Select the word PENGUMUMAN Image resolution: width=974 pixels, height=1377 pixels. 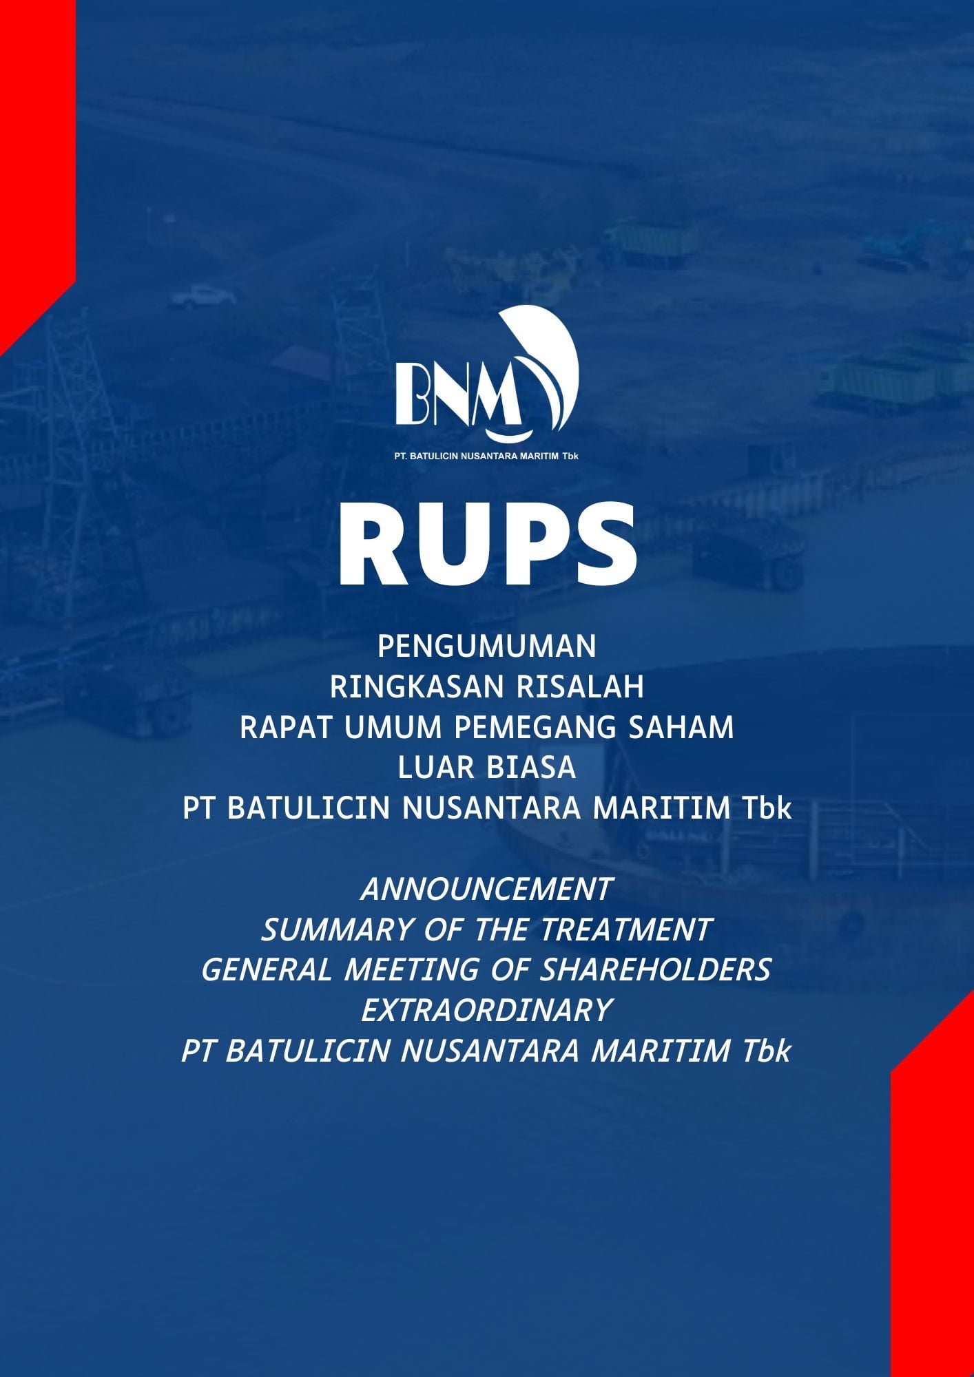[487, 647]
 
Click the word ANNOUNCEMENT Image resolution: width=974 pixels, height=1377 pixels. [486, 890]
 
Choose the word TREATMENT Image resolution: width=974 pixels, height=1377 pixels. [625, 930]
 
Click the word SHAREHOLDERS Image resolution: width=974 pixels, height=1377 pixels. [655, 970]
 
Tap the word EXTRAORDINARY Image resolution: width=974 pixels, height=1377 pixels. [486, 1011]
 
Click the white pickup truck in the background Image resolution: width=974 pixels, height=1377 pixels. [203, 296]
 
